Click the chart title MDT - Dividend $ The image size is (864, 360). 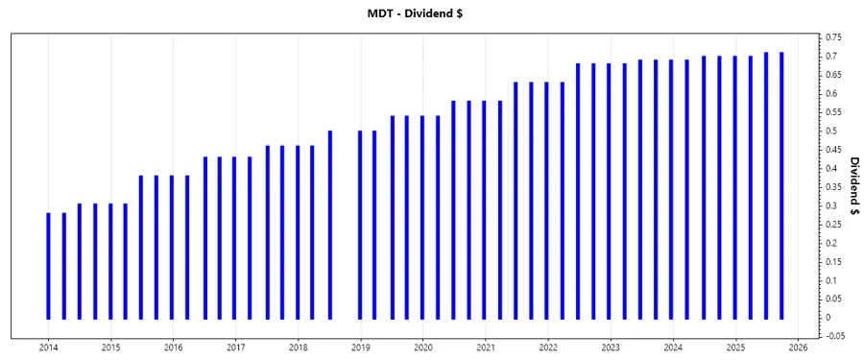pos(431,13)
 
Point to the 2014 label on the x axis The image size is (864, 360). pos(48,348)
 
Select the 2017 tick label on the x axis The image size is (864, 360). pos(235,348)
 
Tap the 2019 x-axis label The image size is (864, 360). pos(360,348)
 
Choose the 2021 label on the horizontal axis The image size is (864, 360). pos(486,348)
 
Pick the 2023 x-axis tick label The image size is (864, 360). pos(611,348)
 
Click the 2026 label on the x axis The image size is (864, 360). pos(798,348)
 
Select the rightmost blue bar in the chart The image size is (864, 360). pos(781,185)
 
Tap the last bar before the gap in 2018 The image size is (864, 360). pos(329,225)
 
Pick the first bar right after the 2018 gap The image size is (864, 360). pos(360,225)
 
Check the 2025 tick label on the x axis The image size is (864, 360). pos(735,348)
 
